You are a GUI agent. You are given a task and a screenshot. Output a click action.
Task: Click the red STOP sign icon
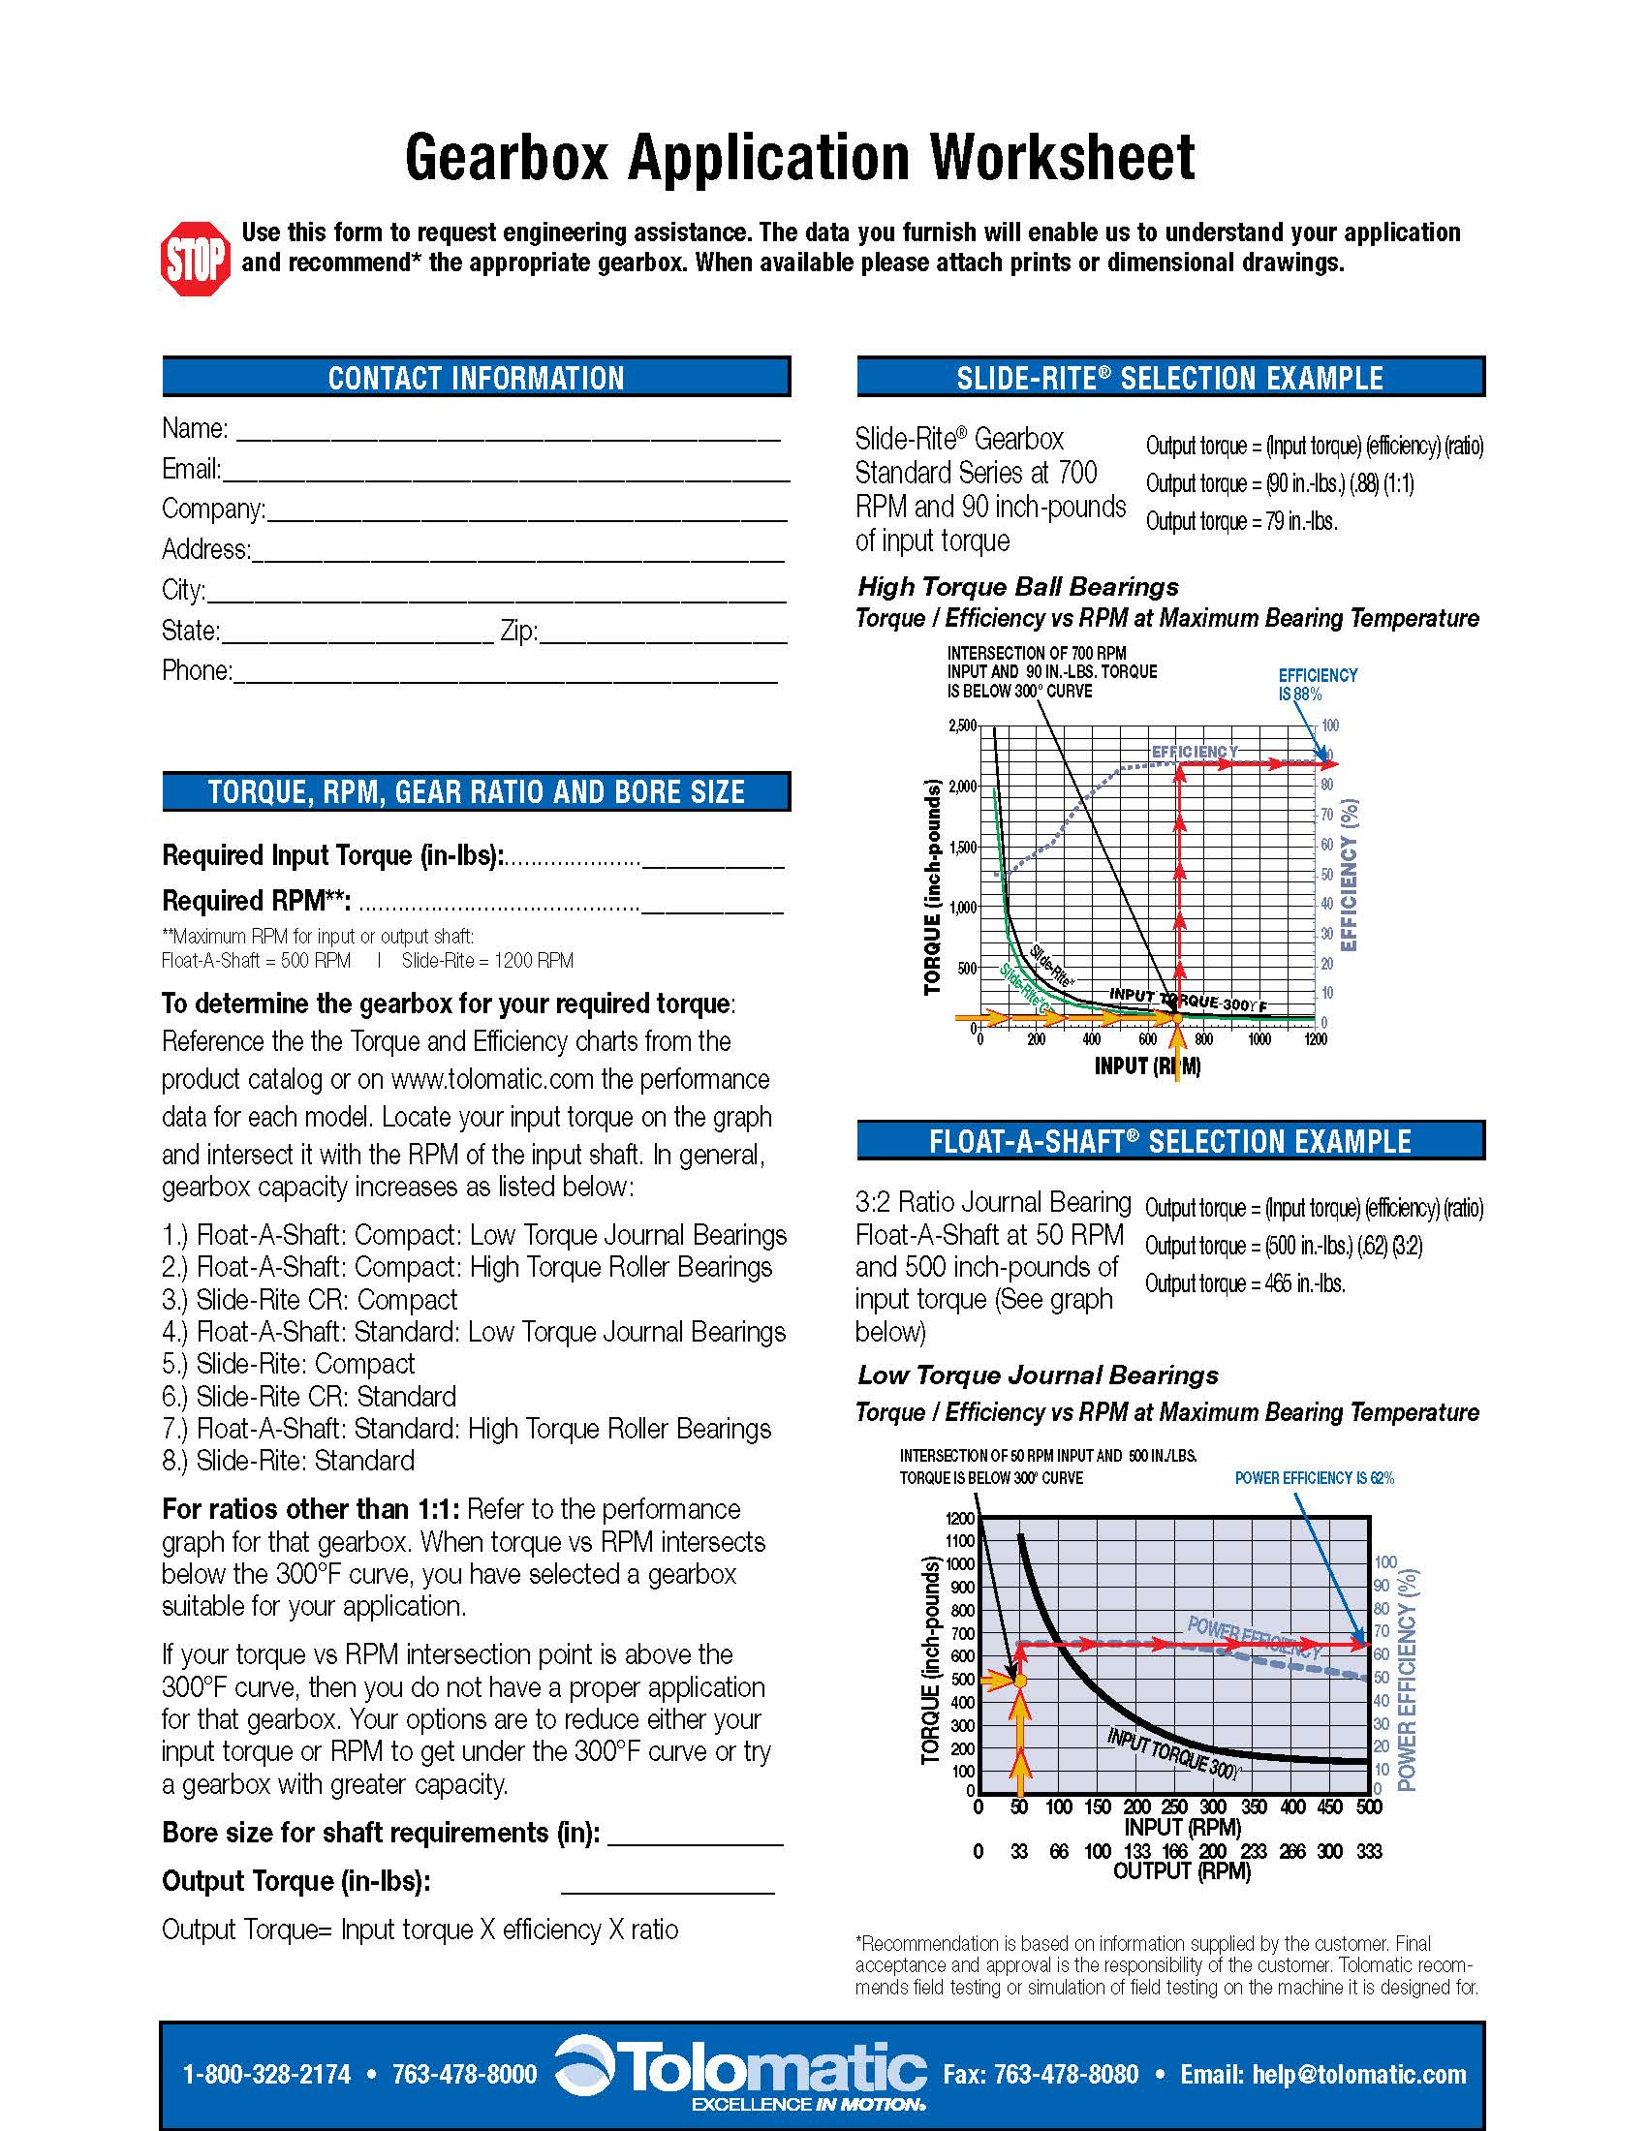pos(196,259)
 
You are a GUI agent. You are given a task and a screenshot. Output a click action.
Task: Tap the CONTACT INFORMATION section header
pos(476,378)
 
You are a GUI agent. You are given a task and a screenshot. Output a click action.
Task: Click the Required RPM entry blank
pos(712,903)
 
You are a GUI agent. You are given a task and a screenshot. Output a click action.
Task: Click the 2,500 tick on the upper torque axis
pos(962,726)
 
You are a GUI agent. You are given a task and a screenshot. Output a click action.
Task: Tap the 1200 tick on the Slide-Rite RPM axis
pos(1316,1039)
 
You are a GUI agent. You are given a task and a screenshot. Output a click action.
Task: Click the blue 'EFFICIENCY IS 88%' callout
pos(1317,684)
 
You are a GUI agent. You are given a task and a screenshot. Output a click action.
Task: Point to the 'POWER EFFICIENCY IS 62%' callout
pos(1314,1478)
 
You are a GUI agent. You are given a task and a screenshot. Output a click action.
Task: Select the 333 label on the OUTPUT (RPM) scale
pos(1369,1851)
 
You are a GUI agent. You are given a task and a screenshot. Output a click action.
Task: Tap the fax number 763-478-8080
pos(1041,2074)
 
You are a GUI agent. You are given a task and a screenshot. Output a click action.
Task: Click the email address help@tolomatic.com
pos(1323,2074)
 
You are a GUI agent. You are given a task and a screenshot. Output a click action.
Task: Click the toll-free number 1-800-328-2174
pos(266,2074)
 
